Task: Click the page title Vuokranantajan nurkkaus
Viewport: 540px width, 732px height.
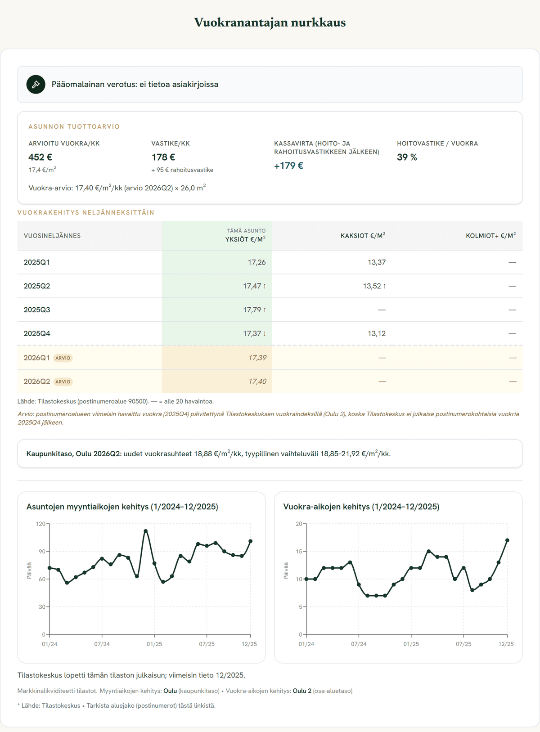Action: coord(270,22)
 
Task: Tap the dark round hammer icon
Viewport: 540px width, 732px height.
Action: coord(36,84)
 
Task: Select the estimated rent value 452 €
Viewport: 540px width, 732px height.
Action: coord(40,157)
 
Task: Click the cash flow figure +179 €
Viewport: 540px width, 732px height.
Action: coord(288,166)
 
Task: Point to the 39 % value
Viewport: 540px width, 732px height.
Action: coord(407,157)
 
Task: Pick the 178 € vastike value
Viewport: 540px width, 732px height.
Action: coord(163,157)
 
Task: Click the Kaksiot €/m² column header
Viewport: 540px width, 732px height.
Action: coord(363,236)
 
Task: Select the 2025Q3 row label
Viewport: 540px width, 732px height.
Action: coord(37,310)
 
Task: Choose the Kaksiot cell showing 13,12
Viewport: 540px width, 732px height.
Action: coord(377,333)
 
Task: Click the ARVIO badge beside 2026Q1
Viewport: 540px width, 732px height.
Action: coord(63,358)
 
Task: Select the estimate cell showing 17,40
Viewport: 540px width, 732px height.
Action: coord(257,382)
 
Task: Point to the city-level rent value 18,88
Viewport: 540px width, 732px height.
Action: coord(203,454)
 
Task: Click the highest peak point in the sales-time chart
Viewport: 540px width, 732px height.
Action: coord(145,531)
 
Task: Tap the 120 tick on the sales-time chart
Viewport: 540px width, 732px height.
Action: coord(40,524)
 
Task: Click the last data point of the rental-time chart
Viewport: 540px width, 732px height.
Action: coord(507,540)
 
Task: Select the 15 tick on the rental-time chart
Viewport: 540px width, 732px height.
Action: coord(299,552)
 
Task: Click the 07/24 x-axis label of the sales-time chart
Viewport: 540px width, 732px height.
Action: coord(102,644)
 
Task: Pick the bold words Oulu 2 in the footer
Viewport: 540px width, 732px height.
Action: coord(302,691)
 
